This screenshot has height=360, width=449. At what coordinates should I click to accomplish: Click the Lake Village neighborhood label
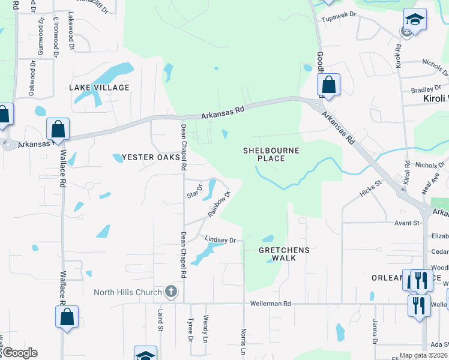(x=99, y=88)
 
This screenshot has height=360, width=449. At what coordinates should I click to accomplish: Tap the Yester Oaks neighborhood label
(x=147, y=157)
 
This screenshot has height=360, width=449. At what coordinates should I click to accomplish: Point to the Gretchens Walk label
(x=285, y=254)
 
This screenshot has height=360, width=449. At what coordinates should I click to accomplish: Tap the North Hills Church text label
(x=128, y=293)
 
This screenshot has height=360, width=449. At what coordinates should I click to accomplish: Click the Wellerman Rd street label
(x=271, y=304)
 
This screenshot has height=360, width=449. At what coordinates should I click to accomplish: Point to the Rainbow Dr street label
(x=220, y=204)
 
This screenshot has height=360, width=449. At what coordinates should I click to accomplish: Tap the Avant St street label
(x=406, y=223)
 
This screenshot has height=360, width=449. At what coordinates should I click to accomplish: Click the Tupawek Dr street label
(x=340, y=19)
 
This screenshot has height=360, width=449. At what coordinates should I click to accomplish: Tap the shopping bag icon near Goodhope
(x=328, y=85)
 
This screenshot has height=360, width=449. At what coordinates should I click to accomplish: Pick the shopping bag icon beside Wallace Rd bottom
(x=67, y=317)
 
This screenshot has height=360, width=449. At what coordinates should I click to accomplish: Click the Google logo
(x=20, y=353)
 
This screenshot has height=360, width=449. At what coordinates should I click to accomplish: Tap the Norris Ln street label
(x=244, y=340)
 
